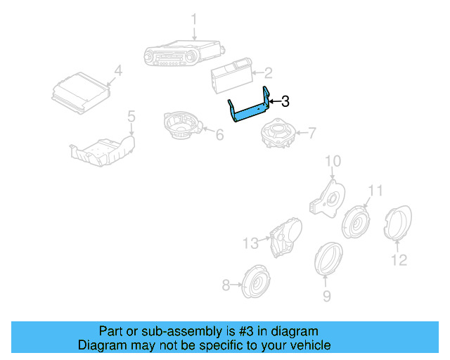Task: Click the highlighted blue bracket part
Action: (248, 112)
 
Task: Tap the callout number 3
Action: (285, 101)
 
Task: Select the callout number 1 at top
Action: (194, 19)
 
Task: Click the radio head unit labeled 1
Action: (184, 53)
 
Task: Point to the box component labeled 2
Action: (231, 75)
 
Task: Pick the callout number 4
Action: (118, 70)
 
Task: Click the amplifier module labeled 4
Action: (81, 93)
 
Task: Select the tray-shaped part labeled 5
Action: (103, 151)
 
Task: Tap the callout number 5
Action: (131, 116)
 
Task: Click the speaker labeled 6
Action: (183, 125)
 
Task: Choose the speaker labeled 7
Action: (278, 133)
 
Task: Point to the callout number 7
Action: (311, 133)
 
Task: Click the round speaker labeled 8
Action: (256, 282)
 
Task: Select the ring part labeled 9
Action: (328, 258)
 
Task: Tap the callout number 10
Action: (333, 161)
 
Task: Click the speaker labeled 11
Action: (356, 222)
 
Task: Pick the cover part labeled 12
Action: (398, 222)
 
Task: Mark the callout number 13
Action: (250, 243)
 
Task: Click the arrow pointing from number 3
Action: (275, 101)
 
